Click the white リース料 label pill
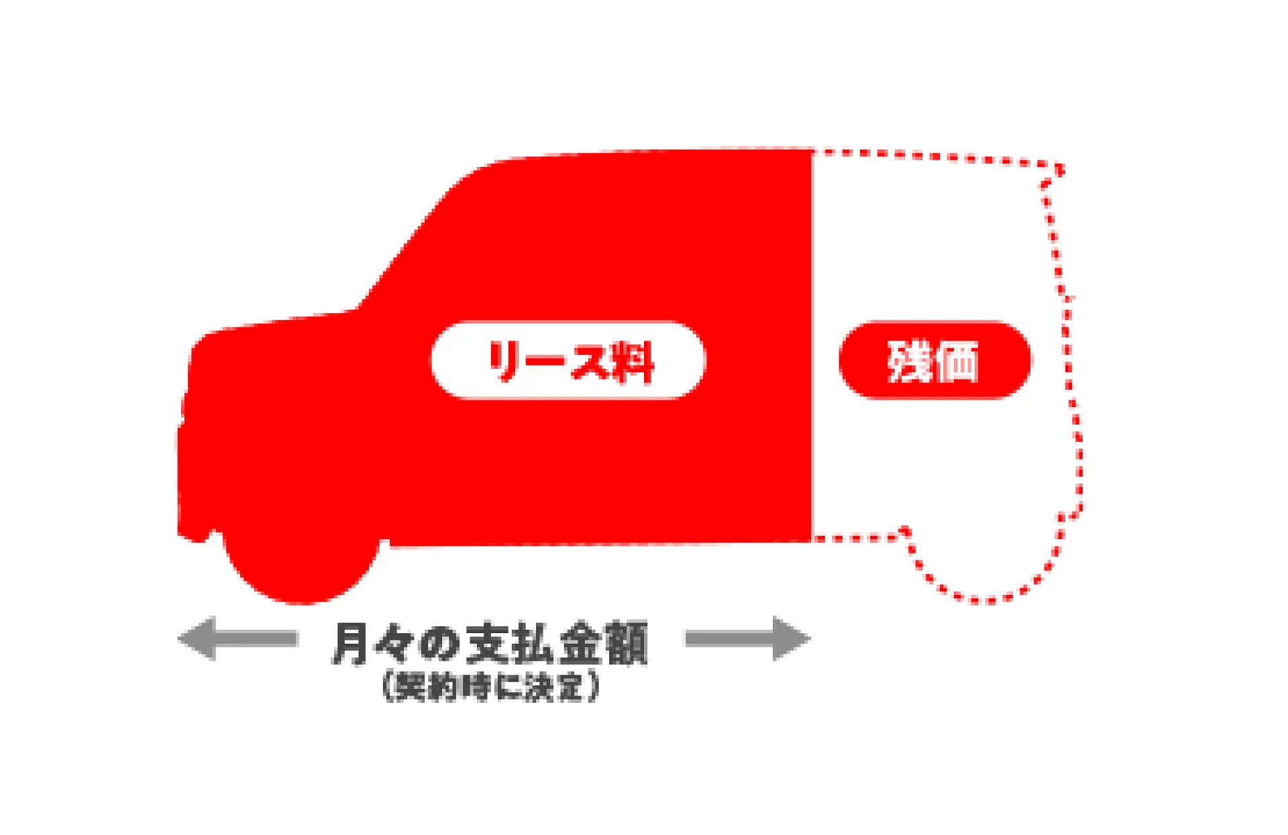coord(568,360)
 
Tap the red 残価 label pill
coord(935,360)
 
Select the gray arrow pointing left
coord(237,638)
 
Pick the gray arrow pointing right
coord(748,638)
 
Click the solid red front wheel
coord(302,563)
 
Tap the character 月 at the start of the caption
coord(350,643)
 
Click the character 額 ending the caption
coord(626,643)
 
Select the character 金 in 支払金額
coord(580,643)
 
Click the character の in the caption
coord(439,644)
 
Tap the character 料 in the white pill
coord(631,362)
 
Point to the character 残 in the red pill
coord(910,361)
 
